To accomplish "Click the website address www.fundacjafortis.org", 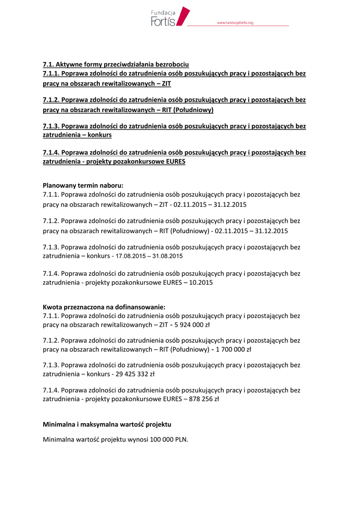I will [235, 23].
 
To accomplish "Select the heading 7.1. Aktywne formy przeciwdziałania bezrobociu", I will [116, 64].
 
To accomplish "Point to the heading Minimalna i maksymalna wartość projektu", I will [107, 425].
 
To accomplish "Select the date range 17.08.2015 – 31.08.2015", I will [149, 256].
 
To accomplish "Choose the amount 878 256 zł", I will [204, 398].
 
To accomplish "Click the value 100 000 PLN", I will [168, 440].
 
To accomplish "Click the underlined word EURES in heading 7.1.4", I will [174, 162].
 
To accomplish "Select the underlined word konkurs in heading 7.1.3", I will [99, 135].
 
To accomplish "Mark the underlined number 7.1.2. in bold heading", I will [51, 100].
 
